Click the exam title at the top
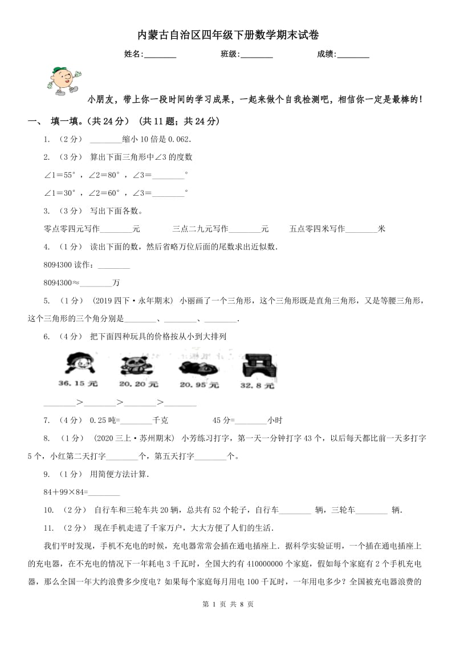point(228,35)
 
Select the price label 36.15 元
point(78,383)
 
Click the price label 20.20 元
point(139,384)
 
